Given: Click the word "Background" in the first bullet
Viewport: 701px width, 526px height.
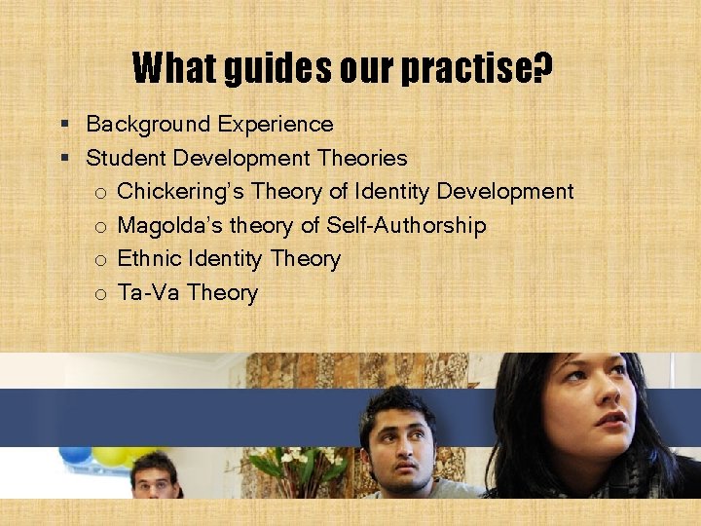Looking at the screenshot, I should pyautogui.click(x=147, y=125).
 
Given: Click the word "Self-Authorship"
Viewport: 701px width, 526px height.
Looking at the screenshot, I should pyautogui.click(x=406, y=226).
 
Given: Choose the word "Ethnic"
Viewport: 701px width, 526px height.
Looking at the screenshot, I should pyautogui.click(x=148, y=259).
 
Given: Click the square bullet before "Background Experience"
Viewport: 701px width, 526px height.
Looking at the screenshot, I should pyautogui.click(x=63, y=125).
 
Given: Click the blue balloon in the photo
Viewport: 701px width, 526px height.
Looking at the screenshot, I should pyautogui.click(x=75, y=454).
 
